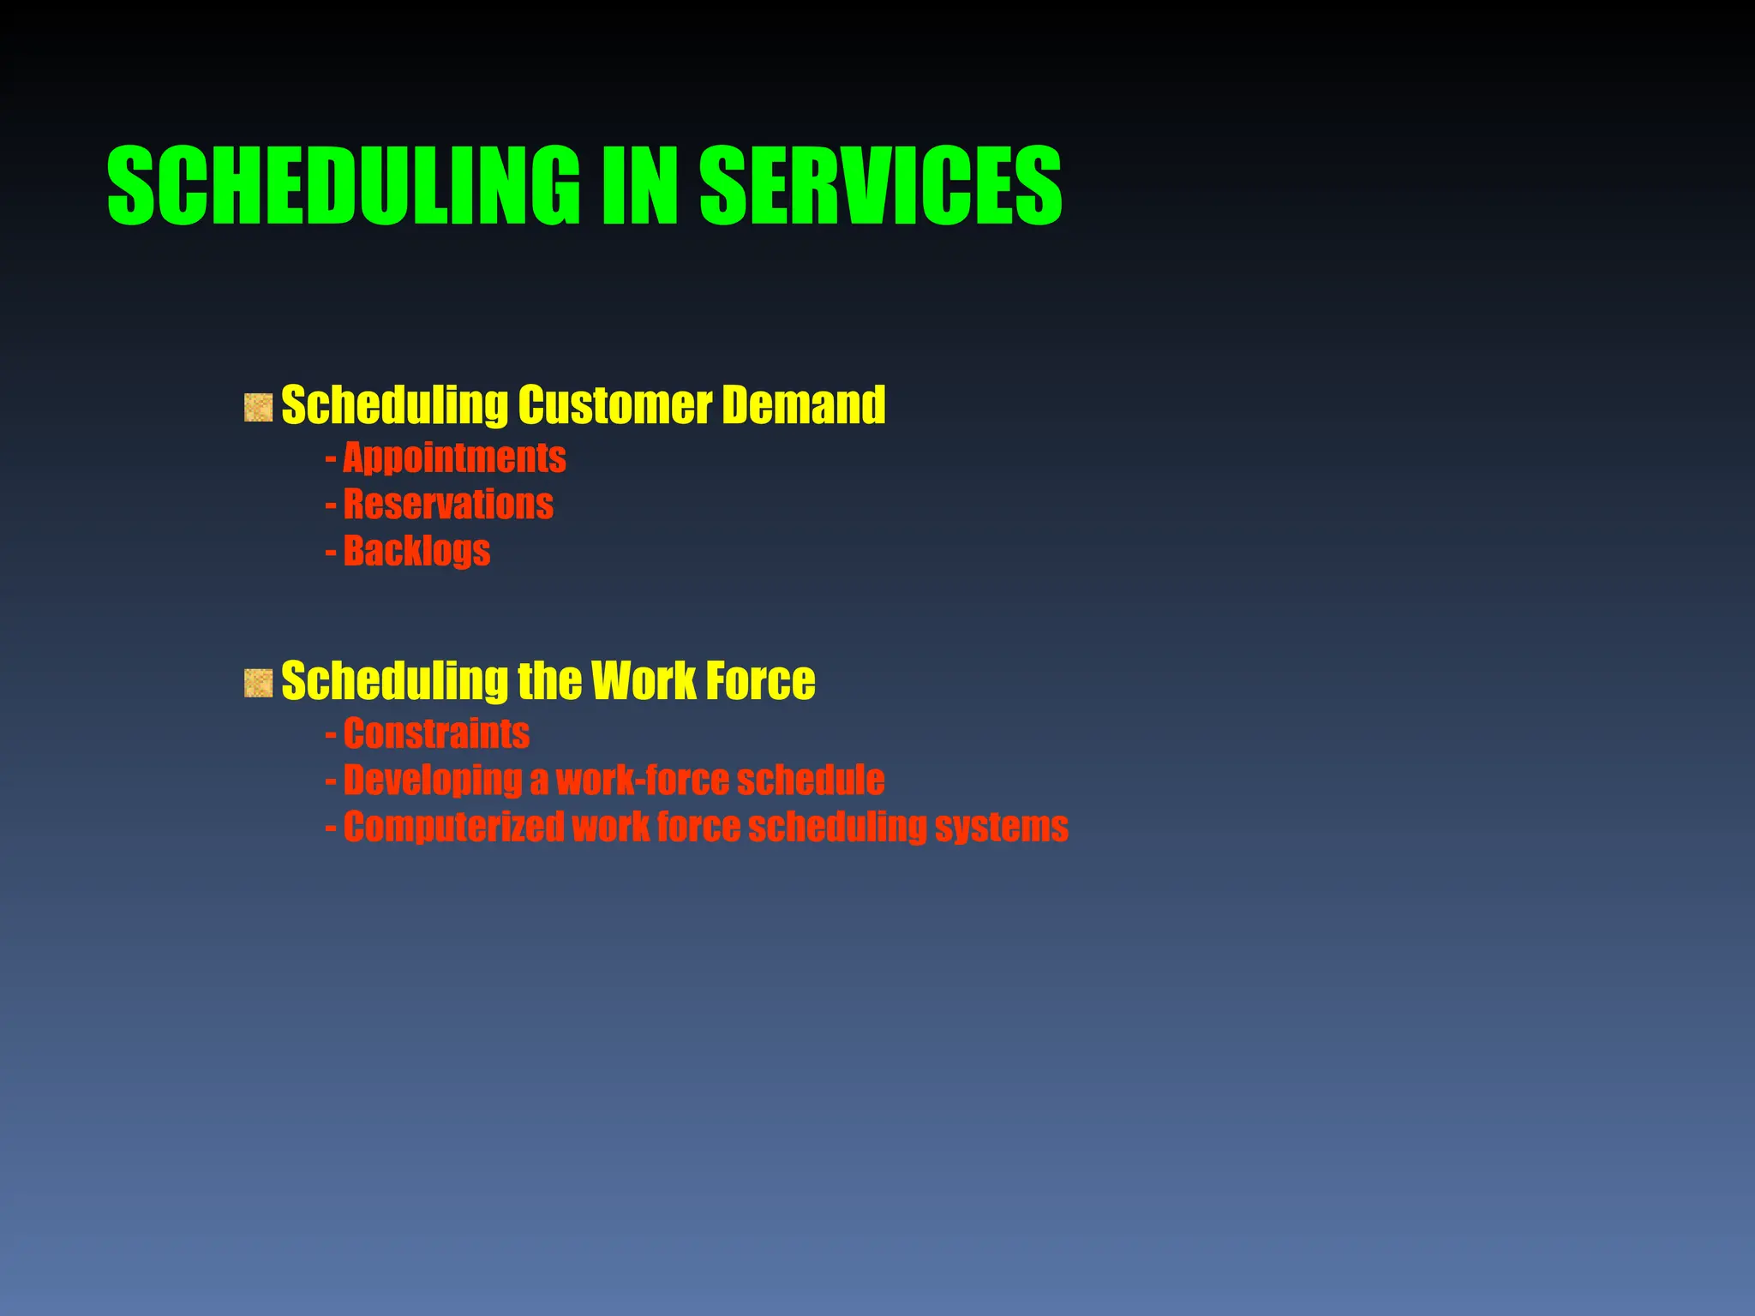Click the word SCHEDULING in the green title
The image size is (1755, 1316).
click(x=344, y=185)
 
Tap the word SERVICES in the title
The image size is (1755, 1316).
click(x=881, y=185)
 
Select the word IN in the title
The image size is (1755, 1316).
click(x=639, y=185)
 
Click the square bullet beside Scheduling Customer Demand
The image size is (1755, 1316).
click(x=258, y=407)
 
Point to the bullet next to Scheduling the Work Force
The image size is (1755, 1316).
click(x=258, y=683)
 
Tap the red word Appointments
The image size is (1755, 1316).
click(x=454, y=458)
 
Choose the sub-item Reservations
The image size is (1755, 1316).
click(x=448, y=504)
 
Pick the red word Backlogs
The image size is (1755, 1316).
click(x=416, y=550)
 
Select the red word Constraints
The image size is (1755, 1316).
click(x=436, y=733)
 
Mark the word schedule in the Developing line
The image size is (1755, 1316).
click(x=811, y=781)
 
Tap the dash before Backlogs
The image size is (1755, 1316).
click(x=331, y=552)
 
